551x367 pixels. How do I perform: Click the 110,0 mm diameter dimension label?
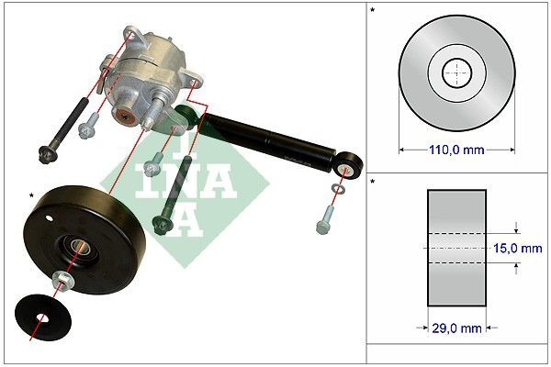coord(456,150)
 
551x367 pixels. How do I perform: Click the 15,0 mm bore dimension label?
coord(518,249)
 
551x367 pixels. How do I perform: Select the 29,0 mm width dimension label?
coord(456,328)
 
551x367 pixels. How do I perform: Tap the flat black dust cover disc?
coord(43,317)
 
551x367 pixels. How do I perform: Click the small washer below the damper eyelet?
coord(338,189)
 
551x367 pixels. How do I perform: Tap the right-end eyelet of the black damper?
coord(347,165)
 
